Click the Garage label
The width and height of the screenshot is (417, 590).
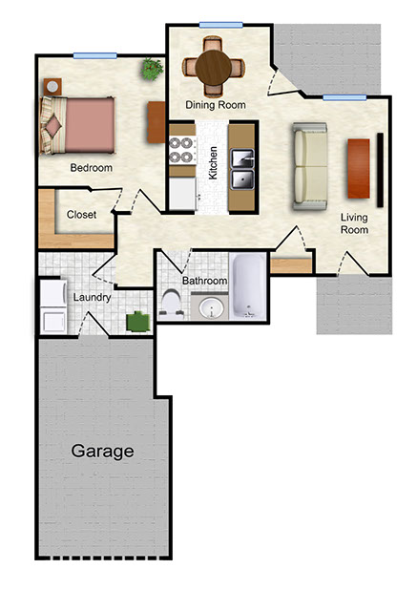[x=102, y=451]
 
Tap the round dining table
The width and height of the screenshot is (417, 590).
[x=213, y=68]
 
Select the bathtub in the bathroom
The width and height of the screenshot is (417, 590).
[x=248, y=286]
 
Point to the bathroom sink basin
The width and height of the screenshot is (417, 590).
[x=211, y=307]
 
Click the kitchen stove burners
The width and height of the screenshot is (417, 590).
[x=182, y=150]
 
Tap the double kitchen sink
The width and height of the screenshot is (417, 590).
[x=242, y=169]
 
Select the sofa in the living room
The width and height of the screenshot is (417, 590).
[x=310, y=166]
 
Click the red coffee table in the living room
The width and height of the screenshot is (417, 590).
[x=359, y=168]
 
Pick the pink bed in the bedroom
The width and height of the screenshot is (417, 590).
[x=77, y=125]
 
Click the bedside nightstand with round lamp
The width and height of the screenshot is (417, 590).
[x=52, y=87]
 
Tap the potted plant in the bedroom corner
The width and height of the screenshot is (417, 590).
[x=152, y=69]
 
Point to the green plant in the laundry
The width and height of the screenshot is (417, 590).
[x=138, y=322]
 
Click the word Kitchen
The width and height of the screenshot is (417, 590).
[x=213, y=163]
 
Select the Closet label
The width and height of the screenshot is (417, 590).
[x=81, y=215]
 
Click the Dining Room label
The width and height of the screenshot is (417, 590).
[x=216, y=105]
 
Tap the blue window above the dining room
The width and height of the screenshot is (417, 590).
[x=220, y=25]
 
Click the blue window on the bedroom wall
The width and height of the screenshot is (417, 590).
[x=94, y=56]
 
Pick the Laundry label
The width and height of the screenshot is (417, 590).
[x=92, y=298]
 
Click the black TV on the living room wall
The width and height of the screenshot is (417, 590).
[x=380, y=170]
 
